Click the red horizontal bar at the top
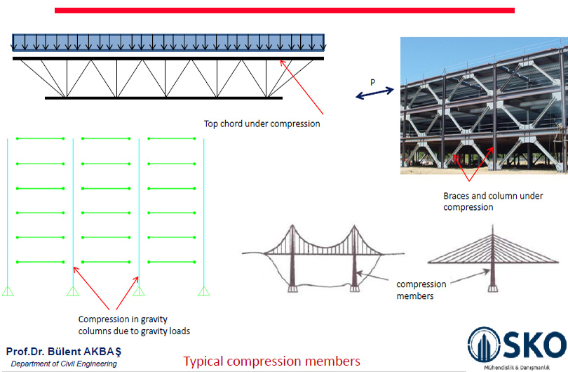284,11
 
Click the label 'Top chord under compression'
262,124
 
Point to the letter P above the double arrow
372,82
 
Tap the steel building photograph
482,105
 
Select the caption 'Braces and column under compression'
492,201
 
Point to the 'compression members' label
422,290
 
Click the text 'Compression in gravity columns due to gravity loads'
134,325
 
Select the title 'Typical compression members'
272,361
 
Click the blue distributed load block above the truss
168,42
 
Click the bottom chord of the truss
163,98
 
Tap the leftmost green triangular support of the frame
8,291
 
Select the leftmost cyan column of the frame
8,211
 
